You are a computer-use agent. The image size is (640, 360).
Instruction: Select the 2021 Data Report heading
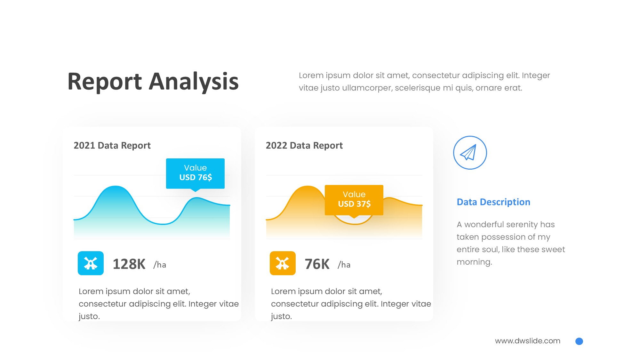pyautogui.click(x=112, y=146)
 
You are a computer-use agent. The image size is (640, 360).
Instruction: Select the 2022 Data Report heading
pyautogui.click(x=304, y=146)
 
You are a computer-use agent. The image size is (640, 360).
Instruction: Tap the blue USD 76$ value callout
pyautogui.click(x=195, y=173)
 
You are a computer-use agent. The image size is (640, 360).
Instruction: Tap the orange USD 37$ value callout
pyautogui.click(x=354, y=200)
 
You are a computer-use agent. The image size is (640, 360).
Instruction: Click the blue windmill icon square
pyautogui.click(x=91, y=263)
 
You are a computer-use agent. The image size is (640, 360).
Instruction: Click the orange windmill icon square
pyautogui.click(x=283, y=263)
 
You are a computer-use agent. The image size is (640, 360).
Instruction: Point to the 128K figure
pyautogui.click(x=129, y=264)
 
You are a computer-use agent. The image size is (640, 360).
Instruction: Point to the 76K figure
pyautogui.click(x=317, y=264)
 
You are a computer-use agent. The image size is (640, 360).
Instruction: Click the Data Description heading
pyautogui.click(x=493, y=202)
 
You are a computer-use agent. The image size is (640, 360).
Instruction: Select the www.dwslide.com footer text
pyautogui.click(x=528, y=341)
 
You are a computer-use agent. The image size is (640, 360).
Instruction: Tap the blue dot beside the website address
pyautogui.click(x=579, y=341)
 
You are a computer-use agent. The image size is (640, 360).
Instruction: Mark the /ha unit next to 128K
pyautogui.click(x=160, y=265)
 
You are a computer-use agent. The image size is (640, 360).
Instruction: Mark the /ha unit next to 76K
pyautogui.click(x=344, y=265)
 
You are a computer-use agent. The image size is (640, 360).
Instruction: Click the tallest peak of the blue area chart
pyautogui.click(x=115, y=186)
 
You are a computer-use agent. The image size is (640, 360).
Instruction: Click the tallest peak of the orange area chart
pyautogui.click(x=307, y=186)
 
